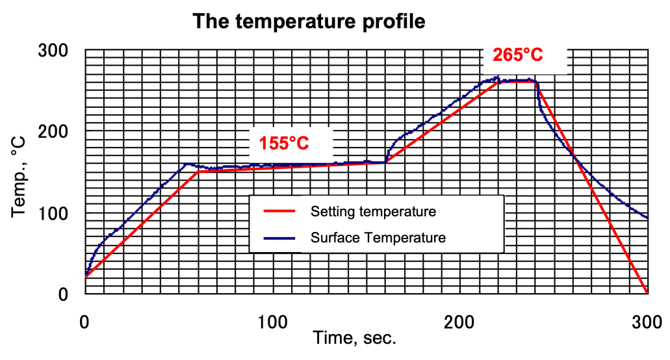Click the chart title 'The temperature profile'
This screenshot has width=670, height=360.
click(x=309, y=21)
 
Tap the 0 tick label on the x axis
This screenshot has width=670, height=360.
click(x=84, y=320)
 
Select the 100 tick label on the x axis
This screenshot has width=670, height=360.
click(x=272, y=320)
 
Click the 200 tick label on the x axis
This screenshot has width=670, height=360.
click(x=460, y=320)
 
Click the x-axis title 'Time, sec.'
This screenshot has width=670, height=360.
click(x=354, y=339)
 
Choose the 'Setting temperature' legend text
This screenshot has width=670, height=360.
click(x=373, y=212)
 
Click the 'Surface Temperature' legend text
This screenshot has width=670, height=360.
click(x=378, y=238)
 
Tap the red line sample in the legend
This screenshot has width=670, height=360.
click(x=282, y=211)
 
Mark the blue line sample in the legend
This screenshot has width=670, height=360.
click(x=282, y=238)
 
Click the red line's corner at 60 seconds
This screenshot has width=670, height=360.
click(x=198, y=172)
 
